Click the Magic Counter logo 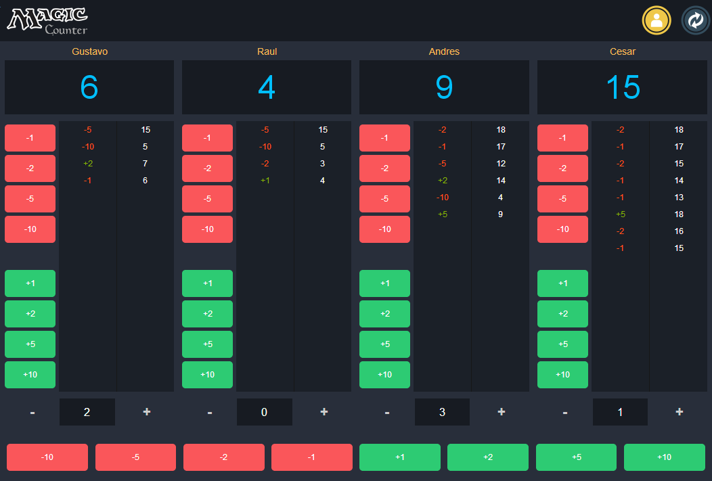[47, 20]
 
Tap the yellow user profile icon [656, 20]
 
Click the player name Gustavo [89, 51]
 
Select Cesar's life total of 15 [623, 87]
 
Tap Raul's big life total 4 [267, 87]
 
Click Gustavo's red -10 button [30, 229]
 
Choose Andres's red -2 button [384, 168]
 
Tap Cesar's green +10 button [562, 375]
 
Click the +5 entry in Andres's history [443, 214]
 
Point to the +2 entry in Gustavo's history [88, 164]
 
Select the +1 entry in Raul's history [265, 181]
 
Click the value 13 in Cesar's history [679, 198]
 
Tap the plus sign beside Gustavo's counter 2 [147, 411]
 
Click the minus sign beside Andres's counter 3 [387, 412]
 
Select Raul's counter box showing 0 [265, 412]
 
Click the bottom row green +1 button [400, 457]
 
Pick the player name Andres [444, 51]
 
